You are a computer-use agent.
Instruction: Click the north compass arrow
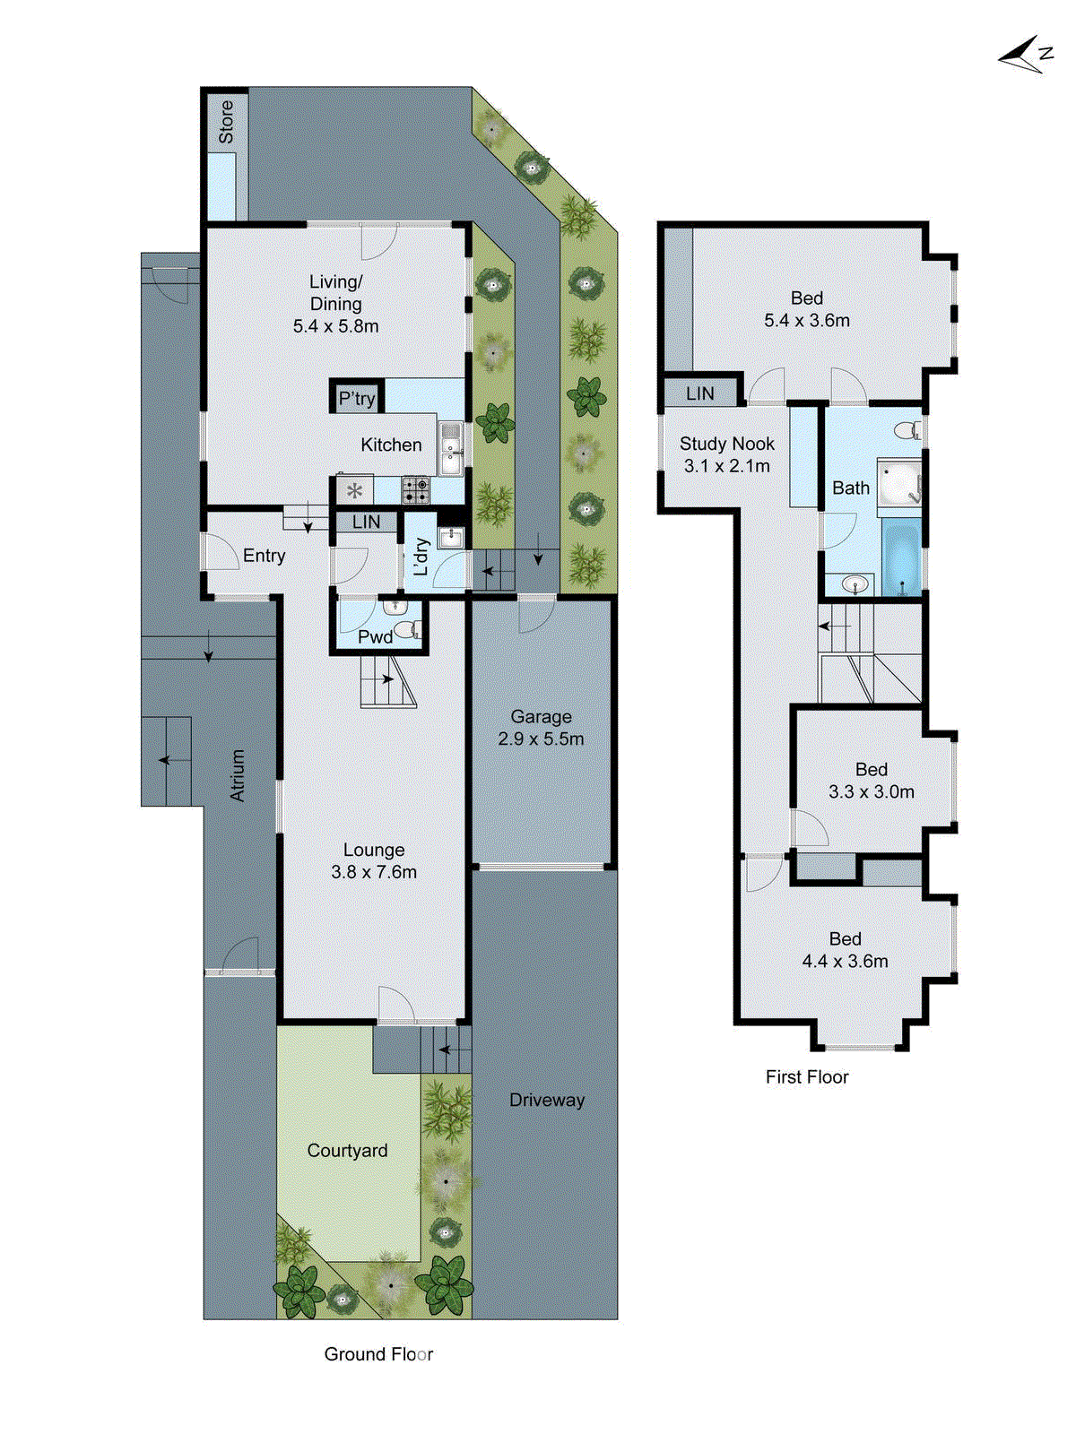[1022, 56]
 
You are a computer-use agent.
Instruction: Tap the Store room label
[226, 122]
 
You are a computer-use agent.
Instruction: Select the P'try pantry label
[357, 399]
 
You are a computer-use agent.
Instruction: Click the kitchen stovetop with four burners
[415, 489]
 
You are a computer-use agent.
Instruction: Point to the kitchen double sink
[451, 448]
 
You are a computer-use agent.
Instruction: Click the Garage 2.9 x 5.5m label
[541, 728]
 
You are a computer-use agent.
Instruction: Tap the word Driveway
[547, 1100]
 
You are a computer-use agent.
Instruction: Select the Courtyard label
[347, 1150]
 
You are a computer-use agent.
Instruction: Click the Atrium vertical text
[238, 774]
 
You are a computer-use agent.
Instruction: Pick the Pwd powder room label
[375, 636]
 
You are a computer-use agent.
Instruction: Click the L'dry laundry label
[421, 557]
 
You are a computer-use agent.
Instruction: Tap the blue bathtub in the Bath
[901, 557]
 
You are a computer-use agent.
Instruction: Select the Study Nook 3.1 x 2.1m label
[726, 454]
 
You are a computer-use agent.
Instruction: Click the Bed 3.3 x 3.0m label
[871, 781]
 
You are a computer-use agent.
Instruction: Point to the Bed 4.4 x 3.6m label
[845, 950]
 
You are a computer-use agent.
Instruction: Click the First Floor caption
[807, 1077]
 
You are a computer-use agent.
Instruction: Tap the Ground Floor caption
[378, 1354]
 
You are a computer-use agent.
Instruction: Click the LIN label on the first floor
[699, 393]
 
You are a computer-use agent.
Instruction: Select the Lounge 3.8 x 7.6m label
[374, 860]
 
